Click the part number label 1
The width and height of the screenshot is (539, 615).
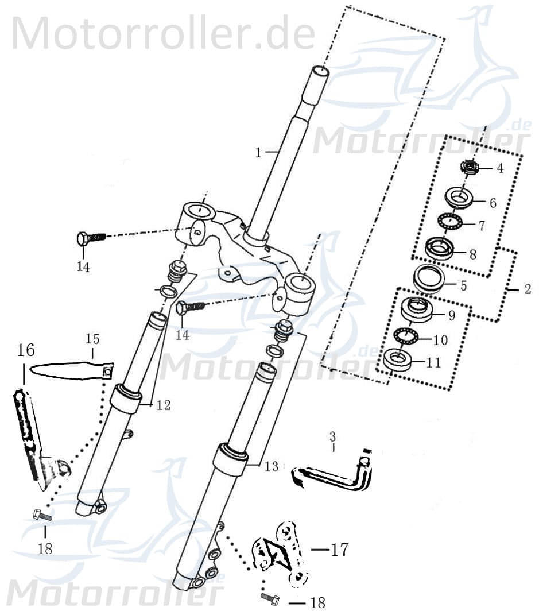[x=258, y=153]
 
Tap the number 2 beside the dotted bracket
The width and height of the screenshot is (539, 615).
[x=528, y=289]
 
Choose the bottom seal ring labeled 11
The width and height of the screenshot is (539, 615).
[x=399, y=359]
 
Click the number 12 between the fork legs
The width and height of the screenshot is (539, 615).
[x=163, y=405]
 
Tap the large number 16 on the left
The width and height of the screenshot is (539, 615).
[x=26, y=350]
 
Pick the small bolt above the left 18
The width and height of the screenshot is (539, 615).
[x=42, y=515]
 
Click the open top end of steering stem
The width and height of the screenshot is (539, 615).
[x=320, y=71]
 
